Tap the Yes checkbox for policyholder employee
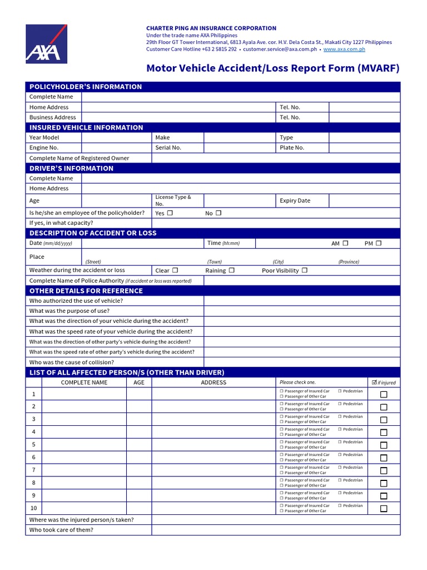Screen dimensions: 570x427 [x=170, y=213]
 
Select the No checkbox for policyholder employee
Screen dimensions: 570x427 [x=219, y=213]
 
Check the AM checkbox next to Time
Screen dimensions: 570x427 [x=345, y=243]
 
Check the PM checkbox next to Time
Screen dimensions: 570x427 [x=379, y=243]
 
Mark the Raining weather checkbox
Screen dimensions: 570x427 [x=231, y=271]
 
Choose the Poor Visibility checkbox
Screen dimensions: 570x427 [x=304, y=271]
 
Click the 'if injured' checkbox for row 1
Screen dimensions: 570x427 [x=384, y=395]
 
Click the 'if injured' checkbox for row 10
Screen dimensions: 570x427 [x=384, y=509]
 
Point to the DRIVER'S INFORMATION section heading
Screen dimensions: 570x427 [x=71, y=168]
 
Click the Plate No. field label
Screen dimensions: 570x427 [x=292, y=148]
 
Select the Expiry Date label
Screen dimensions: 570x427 [x=295, y=200]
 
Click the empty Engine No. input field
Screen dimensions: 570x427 [x=116, y=148]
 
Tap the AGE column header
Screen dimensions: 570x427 [x=138, y=382]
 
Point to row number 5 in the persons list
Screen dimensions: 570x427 [x=33, y=445]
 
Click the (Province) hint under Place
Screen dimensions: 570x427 [x=348, y=262]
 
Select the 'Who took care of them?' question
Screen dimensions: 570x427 [x=61, y=530]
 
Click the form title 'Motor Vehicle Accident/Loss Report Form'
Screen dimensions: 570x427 [x=272, y=69]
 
